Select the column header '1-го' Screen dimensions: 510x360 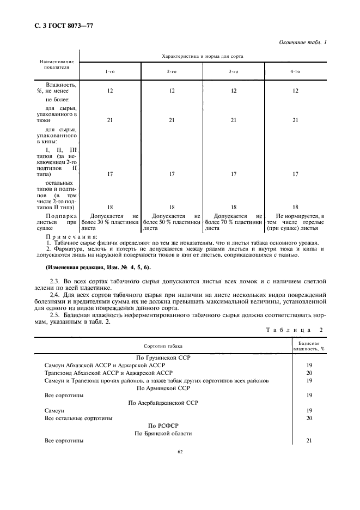[109, 71]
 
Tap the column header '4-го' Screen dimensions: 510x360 [295, 71]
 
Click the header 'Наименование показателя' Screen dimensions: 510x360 [56, 65]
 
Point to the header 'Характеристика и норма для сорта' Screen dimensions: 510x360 [202, 56]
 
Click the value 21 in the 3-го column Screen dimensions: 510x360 [233, 120]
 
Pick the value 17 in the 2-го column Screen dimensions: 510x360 [172, 174]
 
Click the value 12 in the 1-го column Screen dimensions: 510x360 [109, 90]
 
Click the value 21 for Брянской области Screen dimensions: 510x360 [309, 441]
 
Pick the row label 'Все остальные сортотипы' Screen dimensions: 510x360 [78, 418]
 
